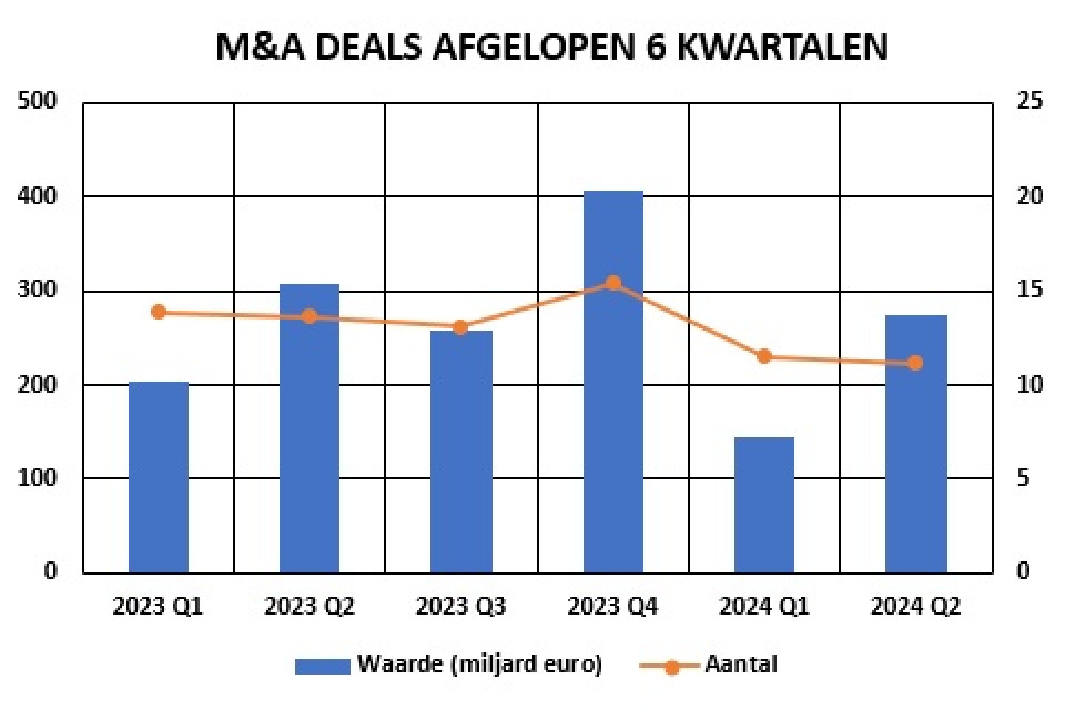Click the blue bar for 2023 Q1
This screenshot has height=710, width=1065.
coord(158,477)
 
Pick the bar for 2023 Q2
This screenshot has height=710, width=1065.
coord(309,428)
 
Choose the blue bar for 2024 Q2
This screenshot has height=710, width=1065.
coord(916,444)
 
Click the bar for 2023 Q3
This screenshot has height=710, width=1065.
coord(461,451)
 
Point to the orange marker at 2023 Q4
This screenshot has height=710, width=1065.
coord(613,283)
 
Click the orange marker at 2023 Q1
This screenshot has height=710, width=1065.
coord(158,312)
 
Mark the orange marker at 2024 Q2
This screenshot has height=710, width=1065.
coord(916,362)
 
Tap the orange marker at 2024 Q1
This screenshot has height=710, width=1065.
coord(764,356)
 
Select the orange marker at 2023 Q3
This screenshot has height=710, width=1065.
coord(461,327)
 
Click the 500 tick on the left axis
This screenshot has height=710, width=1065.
coord(37,101)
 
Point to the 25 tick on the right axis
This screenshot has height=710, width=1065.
coord(1029,101)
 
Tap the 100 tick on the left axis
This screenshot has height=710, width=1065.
coord(37,478)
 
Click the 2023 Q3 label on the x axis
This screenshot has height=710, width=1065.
coord(461,606)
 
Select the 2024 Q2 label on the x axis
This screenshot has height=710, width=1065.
coord(916,606)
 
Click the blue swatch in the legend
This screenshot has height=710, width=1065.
coord(322,666)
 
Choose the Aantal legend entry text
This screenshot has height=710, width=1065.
coord(740,664)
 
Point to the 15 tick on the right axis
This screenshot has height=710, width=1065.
coord(1029,289)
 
